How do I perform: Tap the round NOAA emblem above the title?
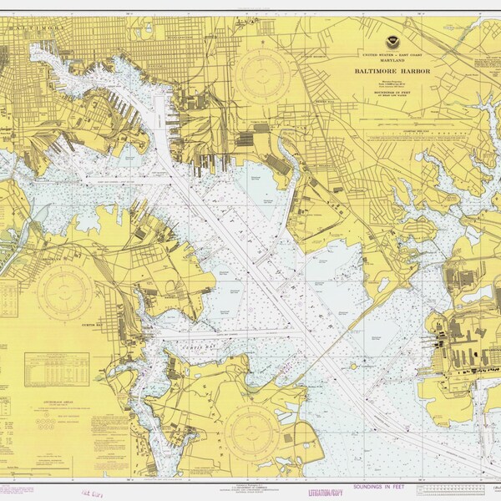pos(392,42)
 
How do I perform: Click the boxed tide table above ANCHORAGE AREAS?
pos(57,368)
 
